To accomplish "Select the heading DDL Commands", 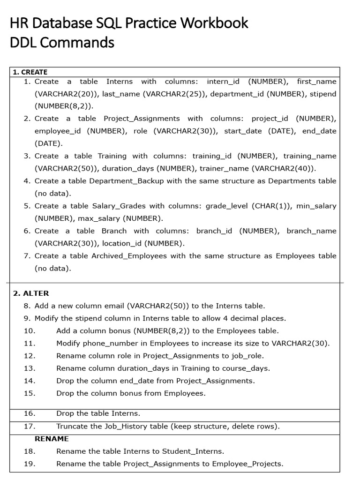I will click(x=62, y=43).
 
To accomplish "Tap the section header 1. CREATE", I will click(x=30, y=72).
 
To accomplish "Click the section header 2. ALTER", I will click(x=31, y=293).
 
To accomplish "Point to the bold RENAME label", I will click(x=52, y=439).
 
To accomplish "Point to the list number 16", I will click(x=30, y=413).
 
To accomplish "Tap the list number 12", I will click(x=30, y=356).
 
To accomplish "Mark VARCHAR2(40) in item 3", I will click(x=290, y=168).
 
